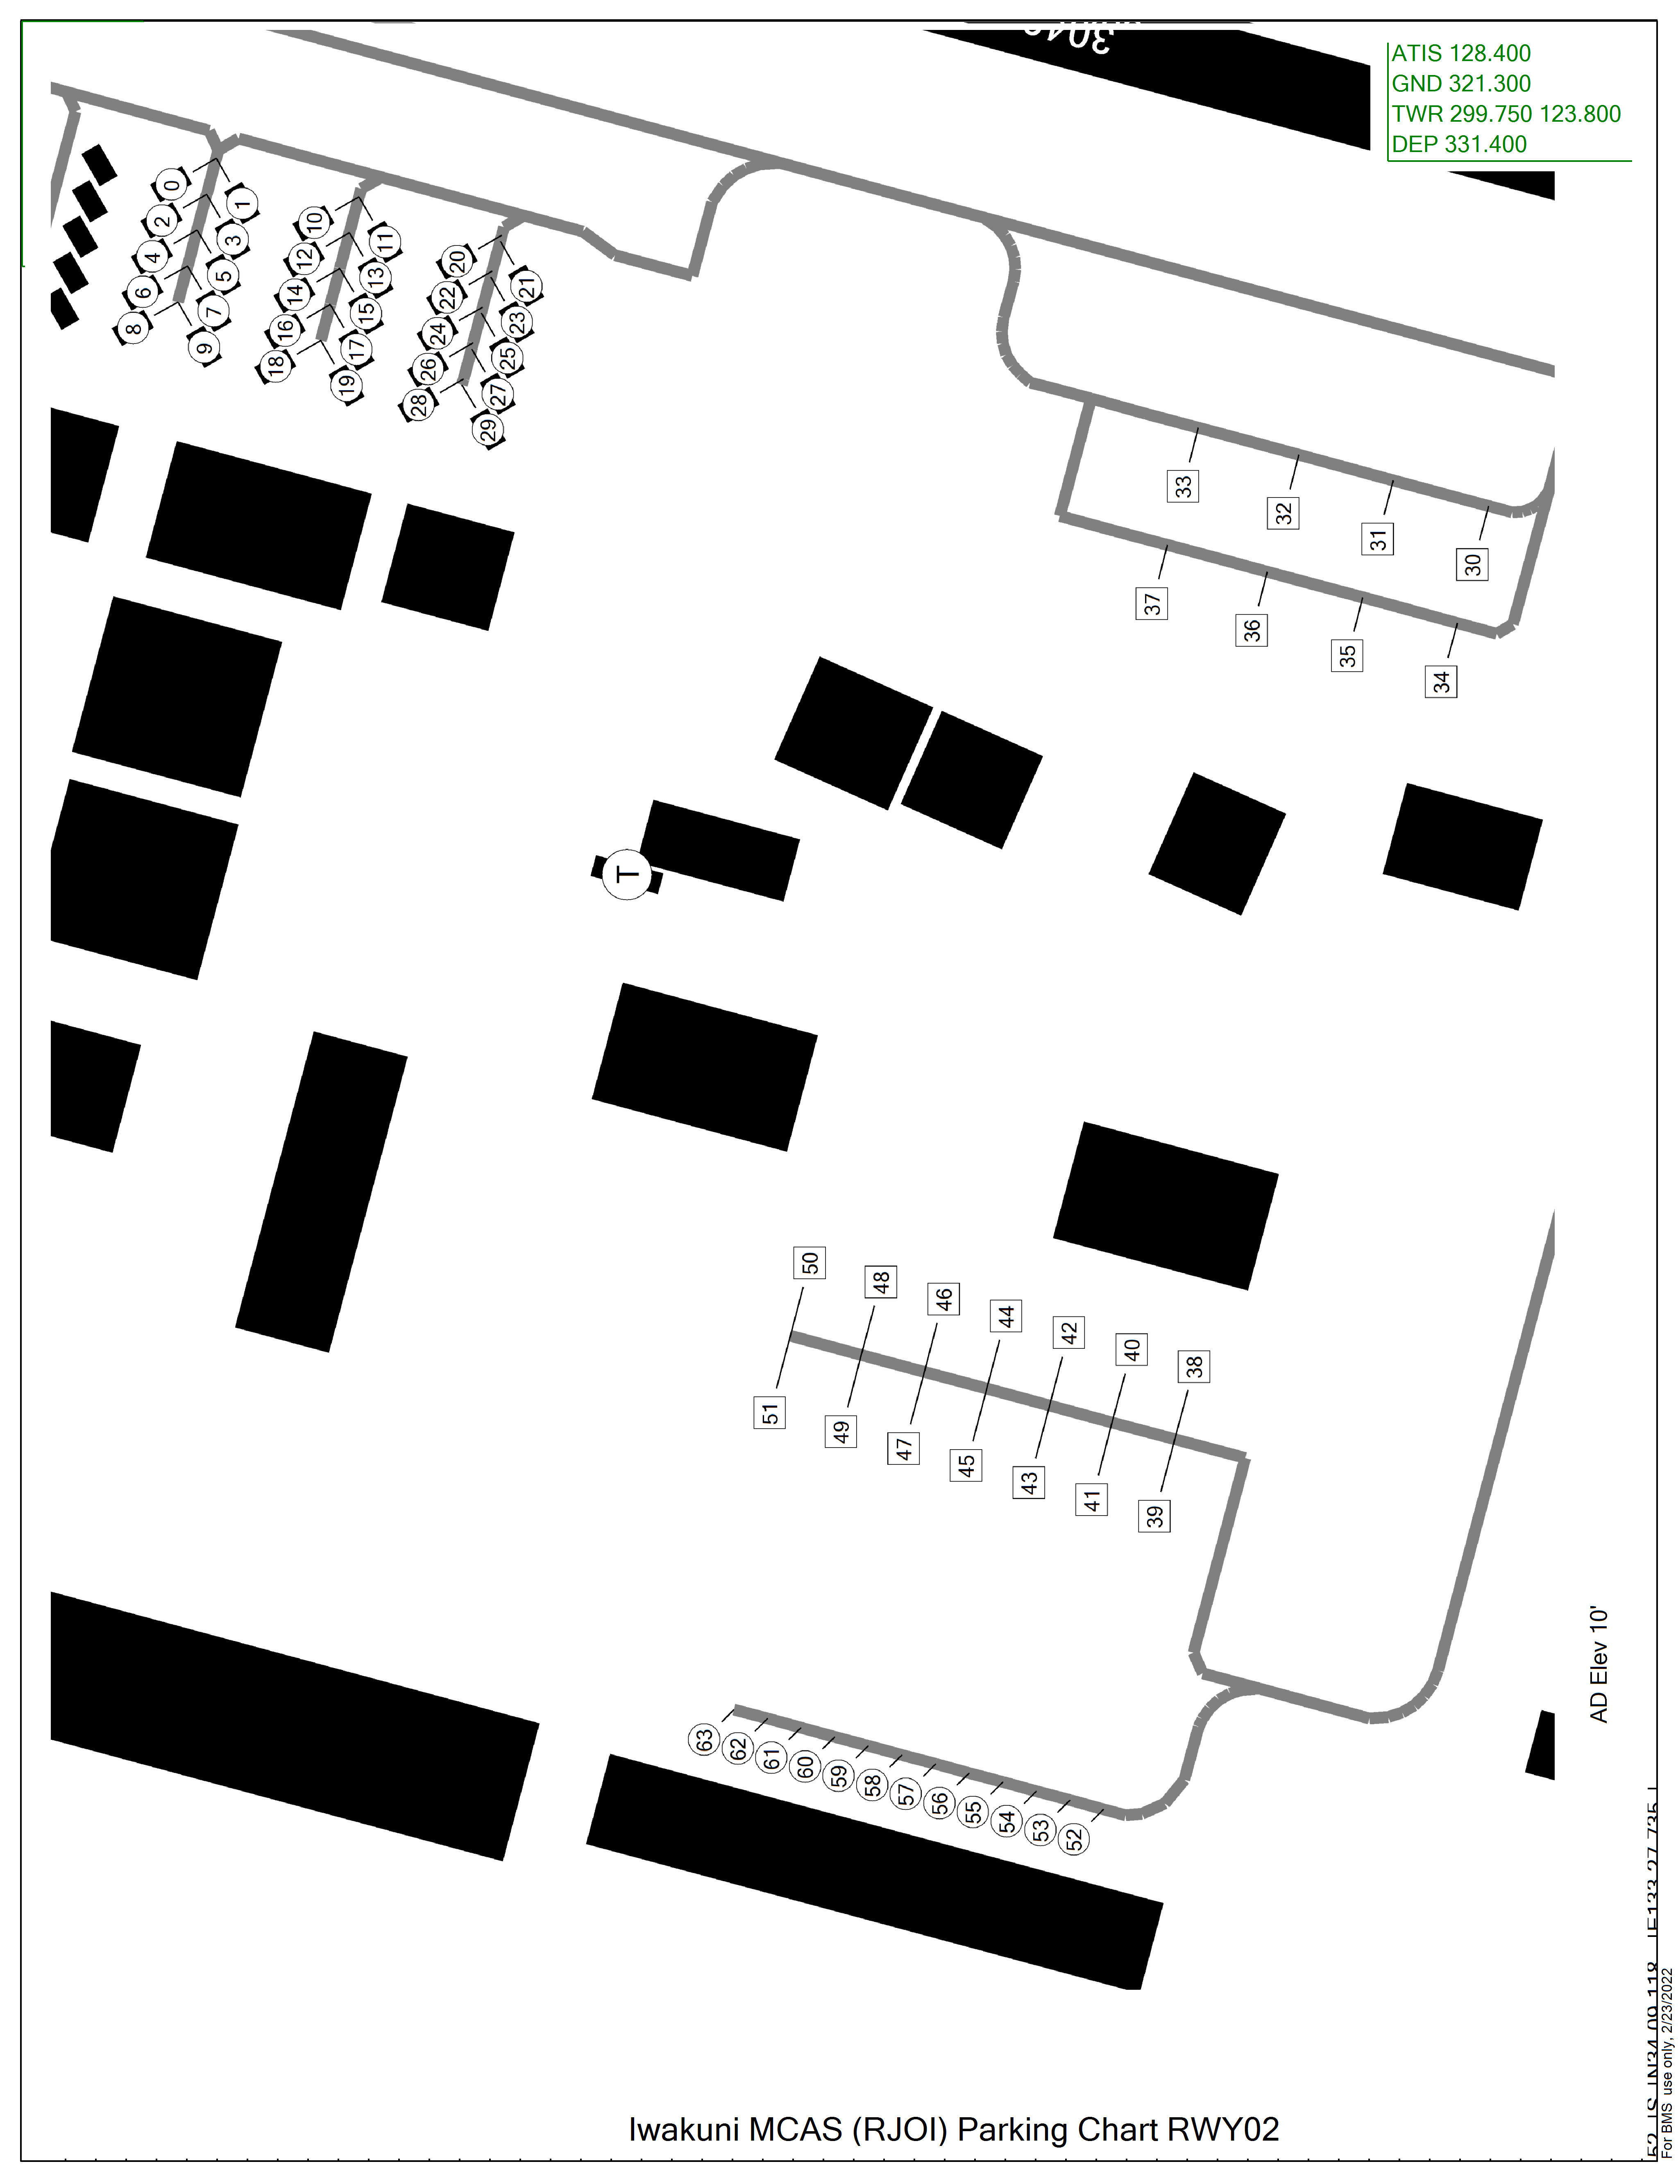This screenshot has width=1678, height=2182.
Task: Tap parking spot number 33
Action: click(1183, 486)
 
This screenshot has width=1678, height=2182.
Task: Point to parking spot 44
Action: click(1007, 1316)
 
